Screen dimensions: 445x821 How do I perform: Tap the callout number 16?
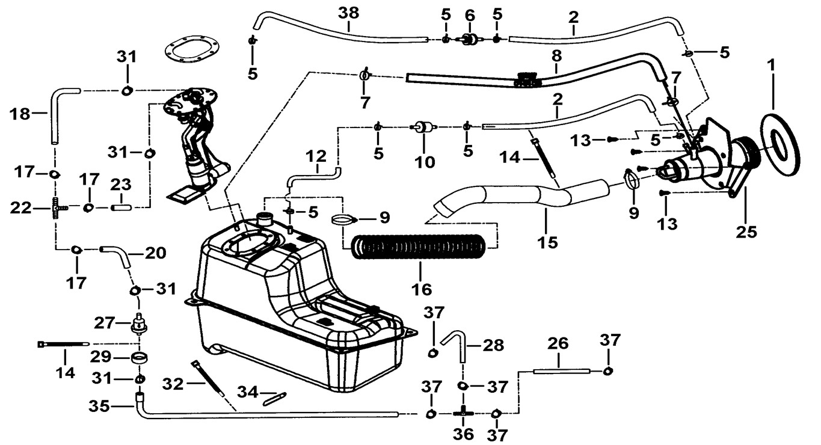click(422, 289)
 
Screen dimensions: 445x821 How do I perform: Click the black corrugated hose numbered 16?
click(421, 248)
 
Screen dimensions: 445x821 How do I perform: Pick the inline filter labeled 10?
click(423, 127)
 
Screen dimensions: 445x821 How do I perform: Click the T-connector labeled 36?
click(464, 413)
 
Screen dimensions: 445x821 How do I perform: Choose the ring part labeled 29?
click(140, 360)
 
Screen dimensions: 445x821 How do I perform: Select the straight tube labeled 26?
click(559, 372)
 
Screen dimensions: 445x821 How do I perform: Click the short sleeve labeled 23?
click(121, 207)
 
